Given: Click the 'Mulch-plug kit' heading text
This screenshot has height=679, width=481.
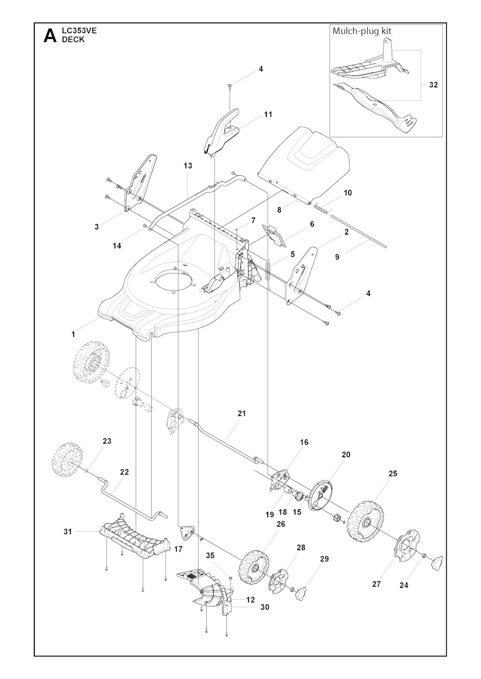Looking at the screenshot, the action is (x=362, y=31).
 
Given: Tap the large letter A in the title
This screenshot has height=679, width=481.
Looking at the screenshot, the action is (x=50, y=36).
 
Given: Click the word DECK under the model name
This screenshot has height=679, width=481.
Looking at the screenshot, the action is (x=73, y=39).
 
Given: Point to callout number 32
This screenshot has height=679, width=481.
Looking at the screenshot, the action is (x=434, y=85).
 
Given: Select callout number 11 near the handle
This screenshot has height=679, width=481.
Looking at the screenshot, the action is (x=268, y=114).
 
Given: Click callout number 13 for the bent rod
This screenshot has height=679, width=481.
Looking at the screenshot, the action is (x=188, y=166).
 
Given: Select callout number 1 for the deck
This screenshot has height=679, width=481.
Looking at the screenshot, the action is (x=73, y=334).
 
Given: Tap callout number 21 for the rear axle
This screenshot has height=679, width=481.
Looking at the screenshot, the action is (x=242, y=414).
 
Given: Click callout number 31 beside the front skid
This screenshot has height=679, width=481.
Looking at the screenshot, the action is (x=68, y=531).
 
